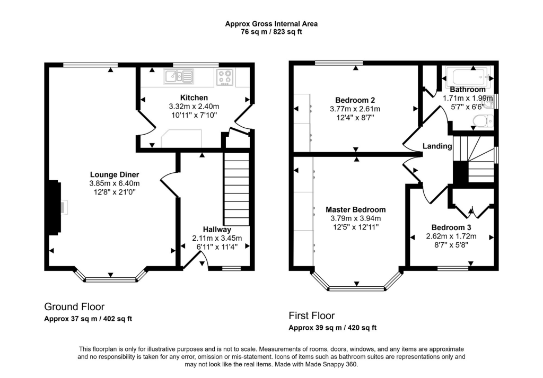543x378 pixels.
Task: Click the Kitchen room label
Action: (x=194, y=98)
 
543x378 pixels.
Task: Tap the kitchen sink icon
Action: (x=179, y=77)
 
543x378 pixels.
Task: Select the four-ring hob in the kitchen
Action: (x=225, y=78)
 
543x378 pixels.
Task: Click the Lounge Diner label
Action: (x=114, y=174)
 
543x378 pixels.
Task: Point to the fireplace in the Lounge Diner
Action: (x=55, y=207)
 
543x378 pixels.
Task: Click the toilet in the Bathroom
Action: (x=481, y=124)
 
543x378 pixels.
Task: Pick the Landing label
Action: (x=437, y=146)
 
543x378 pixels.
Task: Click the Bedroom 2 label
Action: (x=355, y=100)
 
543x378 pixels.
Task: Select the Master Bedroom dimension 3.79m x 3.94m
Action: (x=355, y=218)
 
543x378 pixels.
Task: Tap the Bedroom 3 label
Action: (x=451, y=227)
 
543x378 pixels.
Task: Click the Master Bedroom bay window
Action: (x=356, y=288)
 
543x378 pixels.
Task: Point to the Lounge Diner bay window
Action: (x=110, y=278)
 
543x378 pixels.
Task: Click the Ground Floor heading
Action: (x=74, y=306)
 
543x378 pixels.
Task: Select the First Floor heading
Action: (x=311, y=315)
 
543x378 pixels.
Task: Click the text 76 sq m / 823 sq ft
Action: (x=271, y=32)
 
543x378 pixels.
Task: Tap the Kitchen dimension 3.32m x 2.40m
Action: (x=194, y=107)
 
